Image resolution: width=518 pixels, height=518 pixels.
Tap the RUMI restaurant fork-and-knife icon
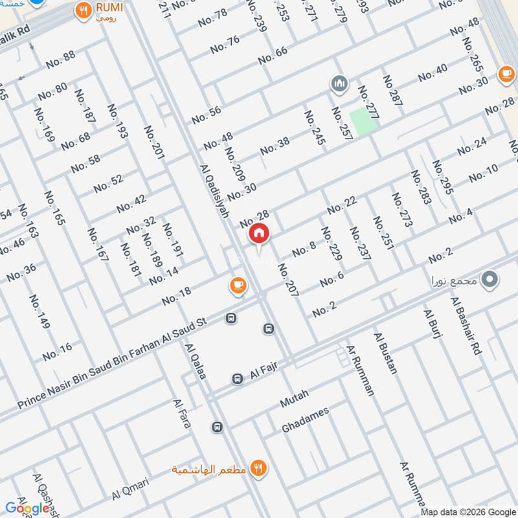point(83,10)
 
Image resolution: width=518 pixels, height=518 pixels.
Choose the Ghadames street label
point(306,420)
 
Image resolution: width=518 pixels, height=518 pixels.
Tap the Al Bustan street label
point(386,353)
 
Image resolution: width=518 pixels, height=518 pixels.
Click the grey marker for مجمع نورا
point(491,280)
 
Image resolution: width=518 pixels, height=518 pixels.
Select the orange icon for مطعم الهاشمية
point(259,467)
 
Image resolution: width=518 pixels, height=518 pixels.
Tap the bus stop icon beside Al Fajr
point(238,378)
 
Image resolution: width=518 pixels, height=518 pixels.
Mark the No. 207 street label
point(289,280)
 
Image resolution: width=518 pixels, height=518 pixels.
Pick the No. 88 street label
point(61,60)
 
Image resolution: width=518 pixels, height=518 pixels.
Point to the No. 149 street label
point(39,311)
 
